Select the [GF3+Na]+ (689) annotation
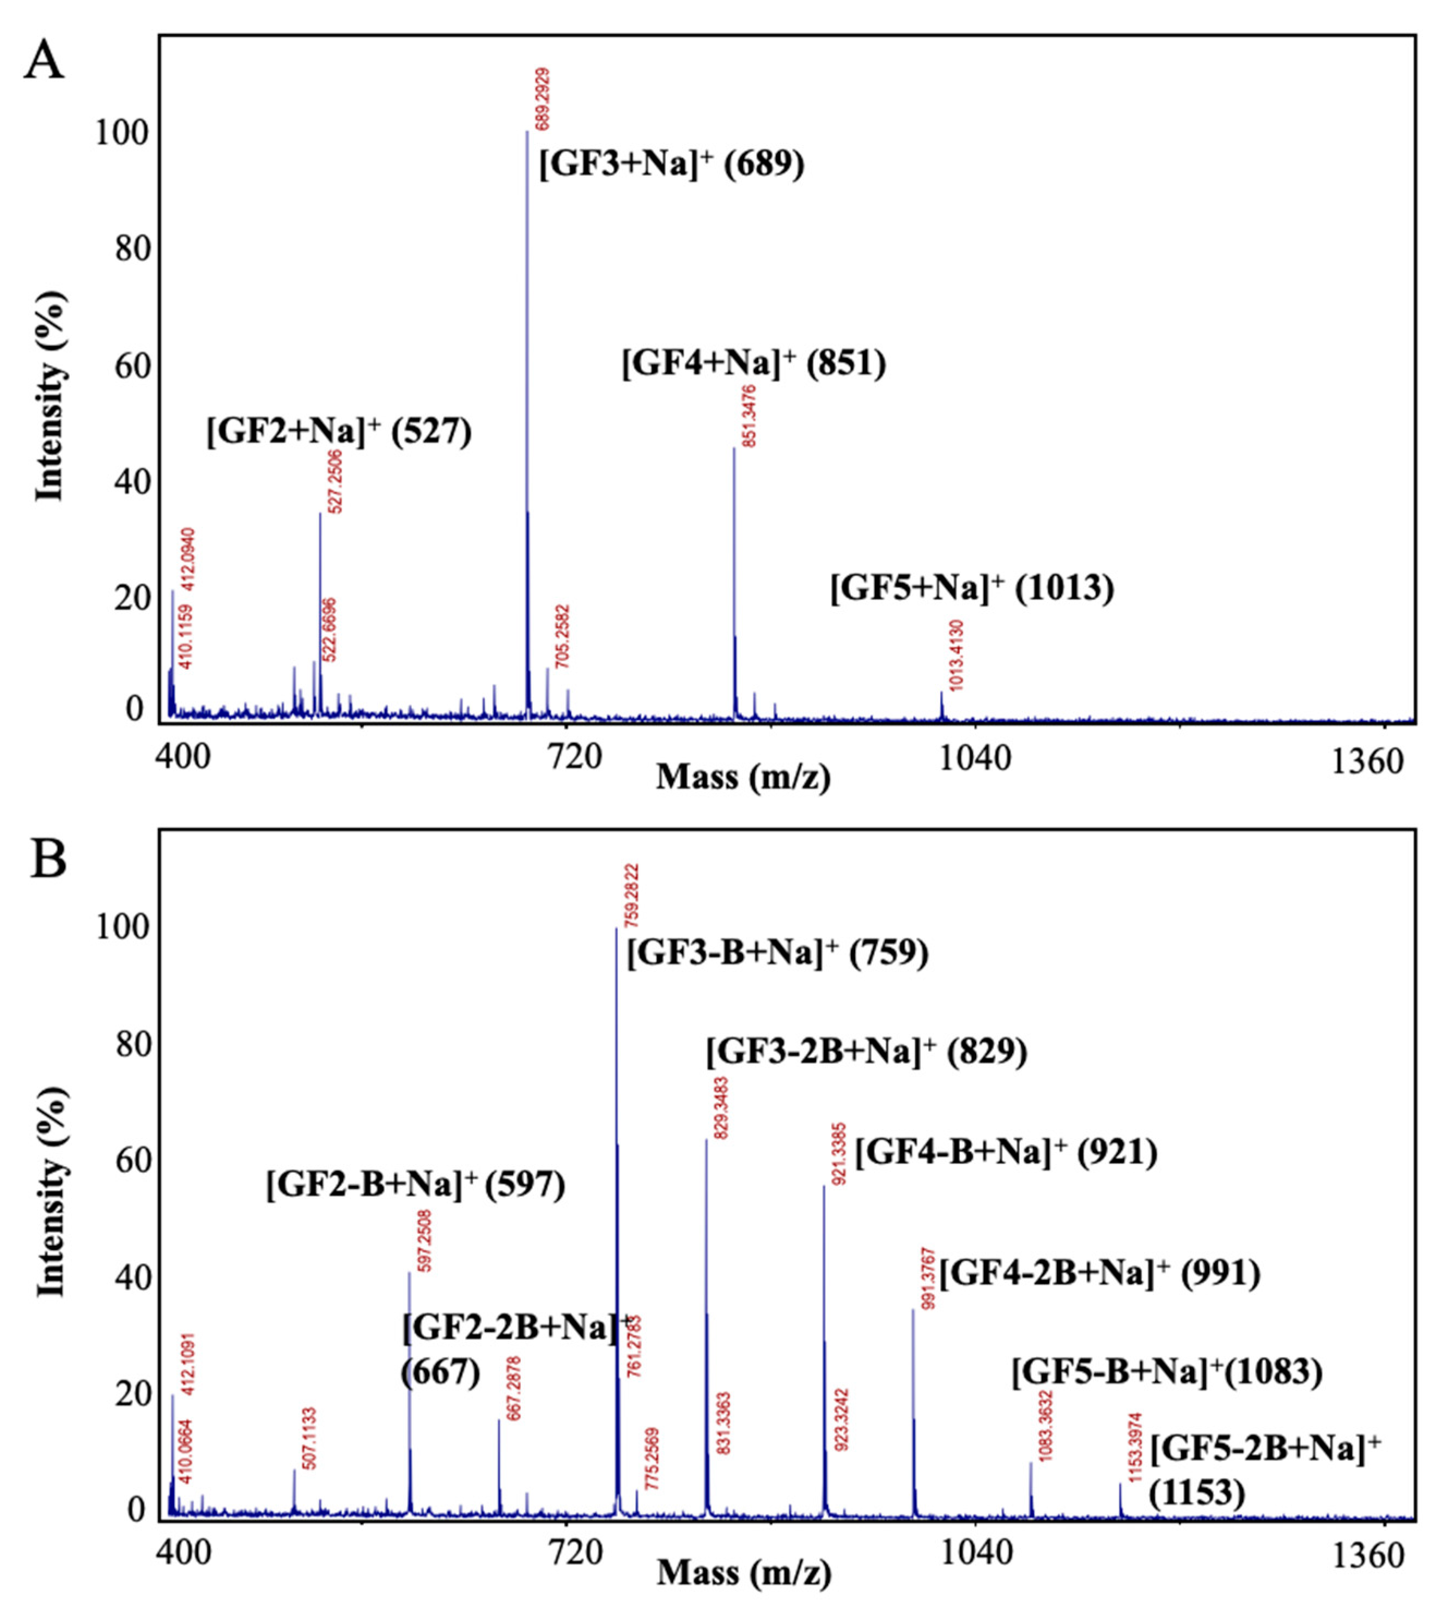tap(672, 165)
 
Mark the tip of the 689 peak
tap(527, 132)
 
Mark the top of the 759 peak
tap(616, 929)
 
